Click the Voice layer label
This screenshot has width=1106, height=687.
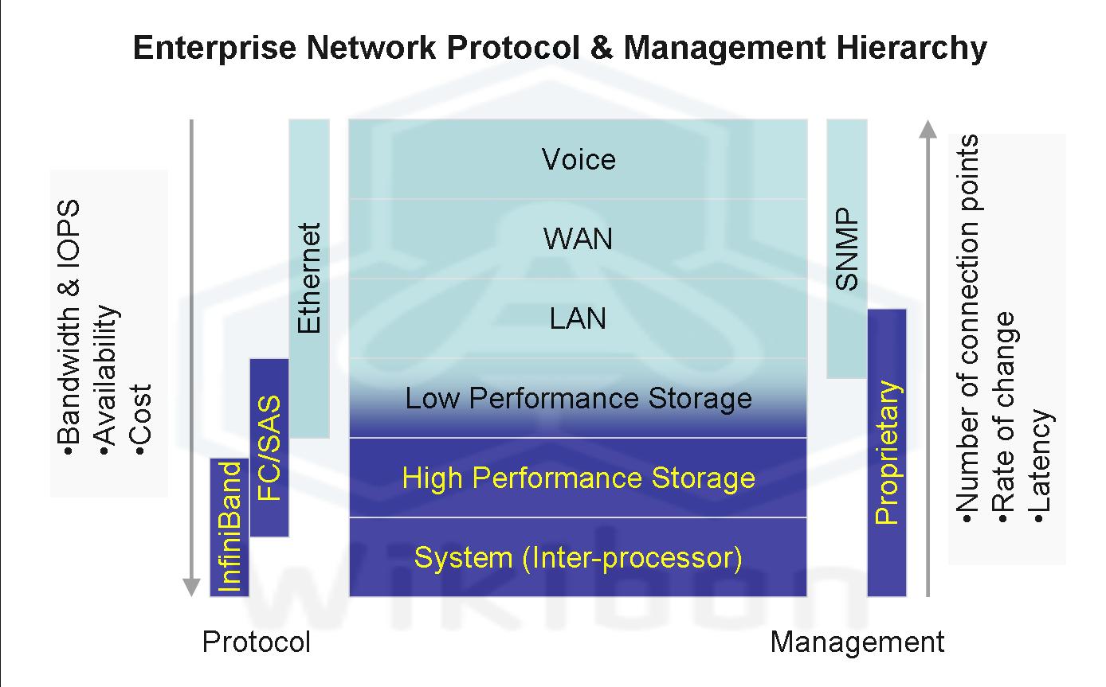point(578,159)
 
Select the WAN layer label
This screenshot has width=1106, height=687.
point(578,239)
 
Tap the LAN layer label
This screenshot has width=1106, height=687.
point(578,318)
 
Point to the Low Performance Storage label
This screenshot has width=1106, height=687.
point(578,398)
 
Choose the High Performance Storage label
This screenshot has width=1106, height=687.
point(578,478)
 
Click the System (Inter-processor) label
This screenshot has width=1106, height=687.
point(578,557)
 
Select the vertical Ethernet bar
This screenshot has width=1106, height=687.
point(308,278)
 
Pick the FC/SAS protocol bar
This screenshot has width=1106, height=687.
point(269,447)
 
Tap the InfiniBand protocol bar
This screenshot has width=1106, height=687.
point(229,527)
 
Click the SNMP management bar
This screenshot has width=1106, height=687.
point(847,248)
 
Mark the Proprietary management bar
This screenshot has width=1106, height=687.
point(887,452)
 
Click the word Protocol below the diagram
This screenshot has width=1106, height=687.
point(256,642)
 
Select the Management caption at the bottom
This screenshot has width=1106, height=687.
point(857,642)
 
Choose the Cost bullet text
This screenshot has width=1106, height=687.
point(143,420)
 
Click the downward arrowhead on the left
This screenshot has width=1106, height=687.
point(191,587)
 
